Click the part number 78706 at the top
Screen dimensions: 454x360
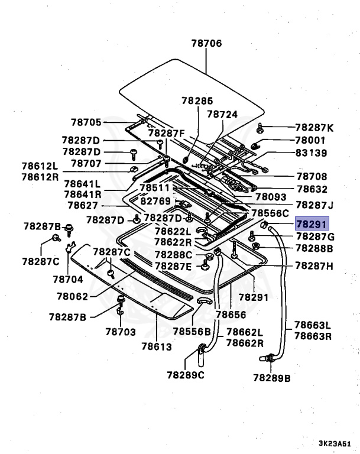[206, 43]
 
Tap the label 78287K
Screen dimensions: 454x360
[314, 128]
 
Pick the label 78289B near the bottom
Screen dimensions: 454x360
[272, 377]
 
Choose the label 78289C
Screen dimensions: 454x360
[186, 374]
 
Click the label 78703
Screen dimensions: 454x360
[121, 332]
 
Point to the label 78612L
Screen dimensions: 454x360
[41, 167]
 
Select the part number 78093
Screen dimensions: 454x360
[270, 197]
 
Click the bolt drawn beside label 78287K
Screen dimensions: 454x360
[260, 128]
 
